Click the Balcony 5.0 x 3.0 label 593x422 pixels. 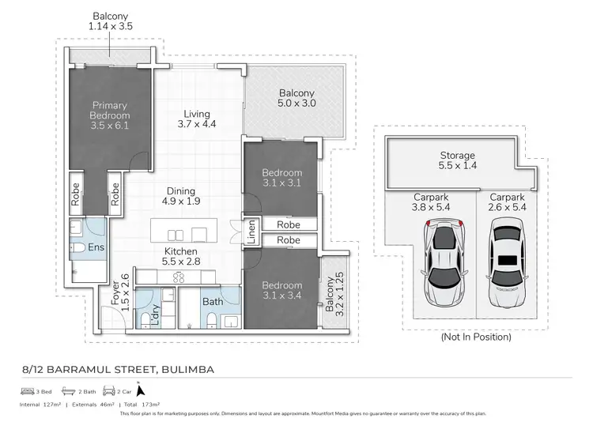point(297,97)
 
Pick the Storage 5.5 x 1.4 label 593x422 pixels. point(457,161)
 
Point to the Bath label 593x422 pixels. point(210,301)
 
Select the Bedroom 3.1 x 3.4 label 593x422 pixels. point(282,291)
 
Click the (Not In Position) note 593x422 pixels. point(474,337)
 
